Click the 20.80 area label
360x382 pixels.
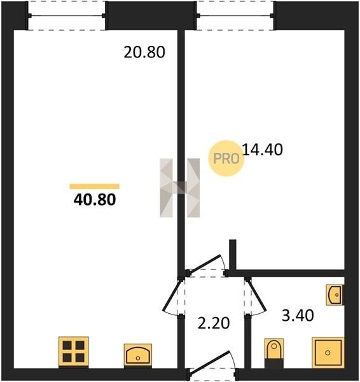click(144, 52)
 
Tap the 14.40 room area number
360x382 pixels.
click(263, 150)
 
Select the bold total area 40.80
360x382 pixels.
click(95, 199)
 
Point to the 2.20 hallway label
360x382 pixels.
click(214, 323)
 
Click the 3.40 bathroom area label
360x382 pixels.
click(298, 315)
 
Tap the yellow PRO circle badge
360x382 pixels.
click(226, 159)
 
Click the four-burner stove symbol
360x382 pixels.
click(74, 351)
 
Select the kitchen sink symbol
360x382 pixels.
click(138, 355)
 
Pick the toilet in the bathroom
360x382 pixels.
click(274, 352)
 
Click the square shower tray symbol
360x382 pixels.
click(328, 352)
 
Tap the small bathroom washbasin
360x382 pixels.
click(335, 295)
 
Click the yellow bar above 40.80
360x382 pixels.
click(94, 187)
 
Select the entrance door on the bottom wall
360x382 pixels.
click(212, 364)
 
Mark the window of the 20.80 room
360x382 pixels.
click(66, 15)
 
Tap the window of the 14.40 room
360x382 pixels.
click(235, 15)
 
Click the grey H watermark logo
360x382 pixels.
click(179, 188)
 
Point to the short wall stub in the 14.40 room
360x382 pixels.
click(233, 255)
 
